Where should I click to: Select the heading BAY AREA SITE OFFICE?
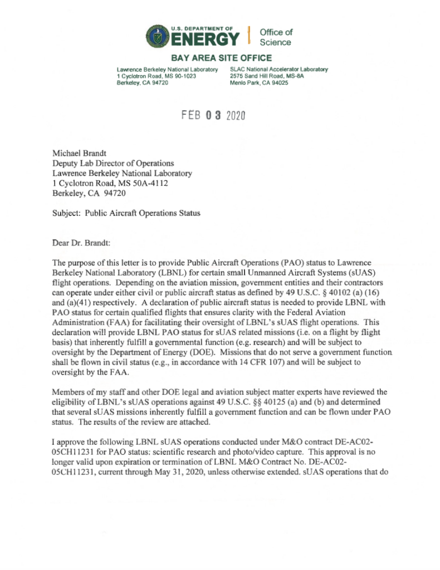coord(221,58)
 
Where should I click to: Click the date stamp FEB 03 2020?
coord(213,116)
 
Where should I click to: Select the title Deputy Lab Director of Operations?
coord(113,163)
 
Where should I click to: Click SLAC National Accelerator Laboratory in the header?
coord(278,69)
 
